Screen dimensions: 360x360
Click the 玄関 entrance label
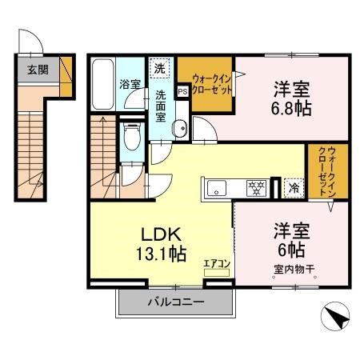37,70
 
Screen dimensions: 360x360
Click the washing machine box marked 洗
161,69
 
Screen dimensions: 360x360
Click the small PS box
182,90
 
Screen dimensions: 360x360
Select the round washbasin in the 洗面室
180,126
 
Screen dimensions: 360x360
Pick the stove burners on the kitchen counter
256,190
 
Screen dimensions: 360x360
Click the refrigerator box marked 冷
294,189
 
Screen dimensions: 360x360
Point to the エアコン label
217,262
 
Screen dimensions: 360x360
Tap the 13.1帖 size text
165,254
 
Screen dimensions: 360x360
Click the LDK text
163,234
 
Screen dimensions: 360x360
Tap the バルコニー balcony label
175,302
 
